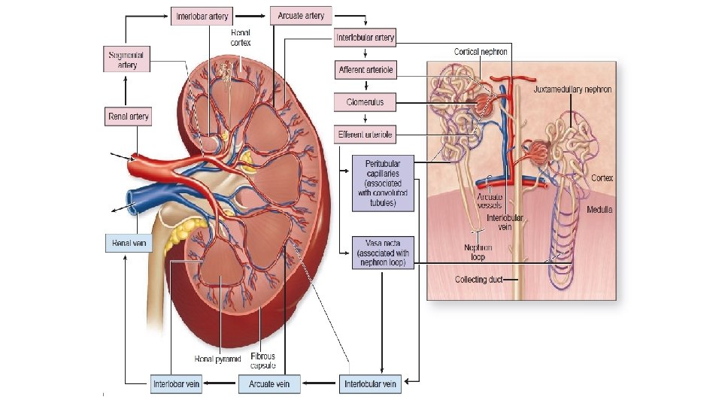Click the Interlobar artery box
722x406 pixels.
(x=202, y=15)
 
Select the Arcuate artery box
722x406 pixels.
(x=300, y=16)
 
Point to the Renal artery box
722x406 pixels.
(x=128, y=117)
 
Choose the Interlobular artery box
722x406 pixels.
(x=365, y=38)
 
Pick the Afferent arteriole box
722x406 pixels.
(x=365, y=70)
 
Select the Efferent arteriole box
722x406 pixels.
(x=365, y=135)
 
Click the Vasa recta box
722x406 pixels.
(x=383, y=253)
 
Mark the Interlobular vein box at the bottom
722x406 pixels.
(x=371, y=384)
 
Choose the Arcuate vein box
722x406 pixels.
(x=270, y=384)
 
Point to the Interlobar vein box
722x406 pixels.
(x=177, y=384)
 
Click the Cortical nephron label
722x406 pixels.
(x=481, y=52)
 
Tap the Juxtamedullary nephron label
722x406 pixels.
(x=572, y=89)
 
